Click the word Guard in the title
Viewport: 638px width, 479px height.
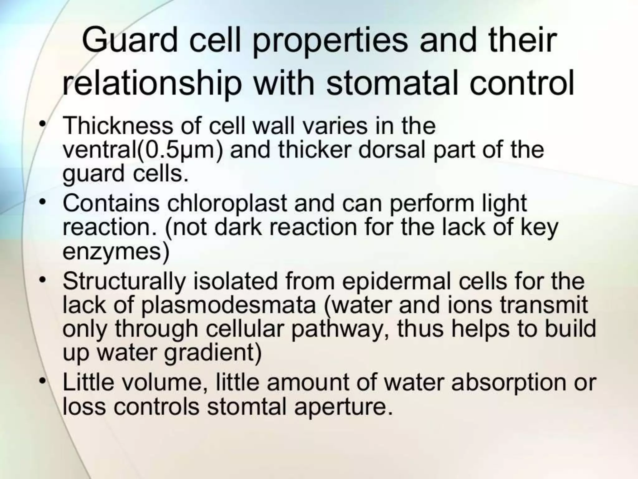(x=130, y=41)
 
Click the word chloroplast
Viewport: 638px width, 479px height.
(x=227, y=203)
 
